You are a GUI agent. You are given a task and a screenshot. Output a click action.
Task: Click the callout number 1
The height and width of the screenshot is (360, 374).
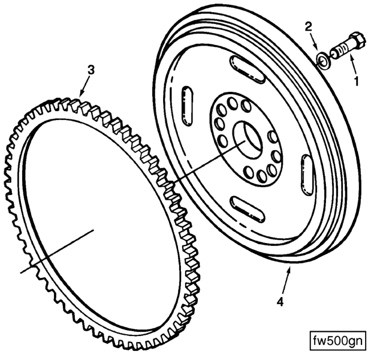(x=357, y=81)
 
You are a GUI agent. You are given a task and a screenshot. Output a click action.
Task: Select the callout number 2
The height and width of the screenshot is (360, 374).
(x=309, y=27)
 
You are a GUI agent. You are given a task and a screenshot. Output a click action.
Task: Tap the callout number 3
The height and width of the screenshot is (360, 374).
(x=91, y=70)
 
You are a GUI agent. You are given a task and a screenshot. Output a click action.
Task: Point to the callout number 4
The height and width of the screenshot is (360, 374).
(x=280, y=302)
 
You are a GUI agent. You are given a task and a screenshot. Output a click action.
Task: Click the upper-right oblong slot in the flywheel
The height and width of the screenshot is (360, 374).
(x=248, y=70)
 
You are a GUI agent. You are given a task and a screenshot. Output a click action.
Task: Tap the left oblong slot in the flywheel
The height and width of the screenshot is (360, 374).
(x=187, y=106)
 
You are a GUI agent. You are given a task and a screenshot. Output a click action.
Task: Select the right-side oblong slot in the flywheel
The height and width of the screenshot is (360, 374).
(x=307, y=174)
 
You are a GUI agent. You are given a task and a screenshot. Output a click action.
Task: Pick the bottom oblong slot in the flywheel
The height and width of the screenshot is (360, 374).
(x=248, y=209)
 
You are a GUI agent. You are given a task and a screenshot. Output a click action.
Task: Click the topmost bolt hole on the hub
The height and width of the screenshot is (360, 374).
(x=232, y=103)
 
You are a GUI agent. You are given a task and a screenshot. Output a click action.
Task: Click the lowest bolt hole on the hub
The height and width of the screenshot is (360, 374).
(x=262, y=176)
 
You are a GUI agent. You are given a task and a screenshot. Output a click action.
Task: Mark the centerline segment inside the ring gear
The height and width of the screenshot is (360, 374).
(x=57, y=251)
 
